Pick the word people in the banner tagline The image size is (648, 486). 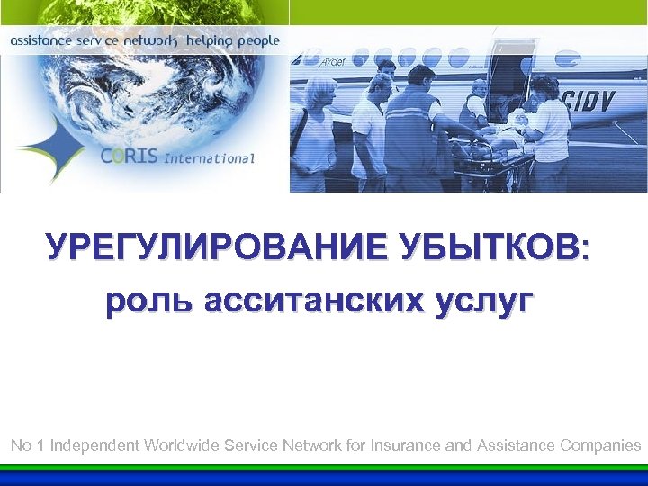(258, 41)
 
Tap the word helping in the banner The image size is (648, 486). (210, 41)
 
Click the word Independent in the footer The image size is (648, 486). (95, 445)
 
